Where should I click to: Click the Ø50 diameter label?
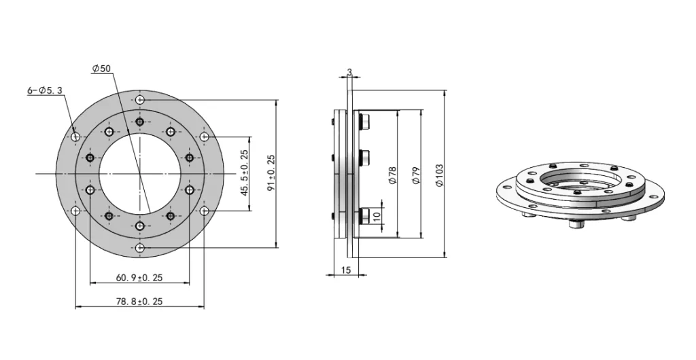click(x=101, y=68)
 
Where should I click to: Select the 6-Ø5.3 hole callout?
click(x=45, y=90)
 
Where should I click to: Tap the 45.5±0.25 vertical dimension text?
click(x=244, y=173)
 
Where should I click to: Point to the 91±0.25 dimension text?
click(x=271, y=173)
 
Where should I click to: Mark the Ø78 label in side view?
click(x=392, y=175)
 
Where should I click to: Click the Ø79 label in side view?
click(x=417, y=175)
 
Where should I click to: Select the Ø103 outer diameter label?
click(x=440, y=175)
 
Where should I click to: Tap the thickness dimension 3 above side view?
click(x=349, y=71)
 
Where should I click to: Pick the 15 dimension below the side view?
click(x=345, y=271)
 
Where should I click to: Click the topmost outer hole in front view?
click(x=139, y=101)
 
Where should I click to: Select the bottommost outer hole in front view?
click(x=139, y=249)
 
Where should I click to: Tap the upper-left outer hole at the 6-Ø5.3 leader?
click(x=75, y=137)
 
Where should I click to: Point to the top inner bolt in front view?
click(x=139, y=122)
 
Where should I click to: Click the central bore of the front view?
click(x=139, y=175)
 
